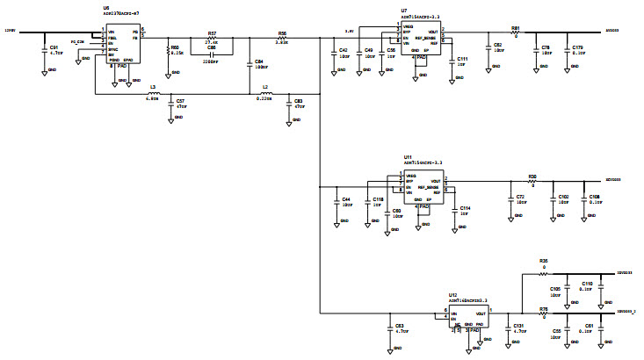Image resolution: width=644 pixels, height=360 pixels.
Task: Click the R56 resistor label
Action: coord(282,32)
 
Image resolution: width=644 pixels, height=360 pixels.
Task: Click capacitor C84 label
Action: coord(259,62)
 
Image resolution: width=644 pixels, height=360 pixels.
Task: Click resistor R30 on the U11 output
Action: coord(532,176)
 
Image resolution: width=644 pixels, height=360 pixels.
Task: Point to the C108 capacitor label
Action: coord(594,197)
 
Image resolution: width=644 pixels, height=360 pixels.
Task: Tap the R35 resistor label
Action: coord(544,261)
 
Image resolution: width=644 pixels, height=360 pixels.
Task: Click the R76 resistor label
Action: coord(544,308)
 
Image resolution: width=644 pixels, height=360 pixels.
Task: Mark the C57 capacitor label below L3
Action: coord(180,101)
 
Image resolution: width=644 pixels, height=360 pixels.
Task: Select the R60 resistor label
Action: coord(175,47)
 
